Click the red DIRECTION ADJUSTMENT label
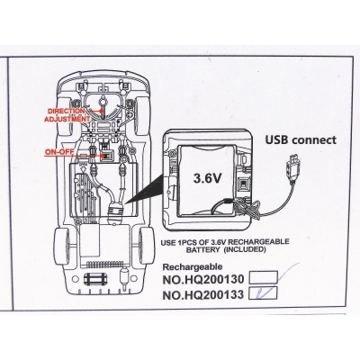coord(67,115)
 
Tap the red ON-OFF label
coord(59,151)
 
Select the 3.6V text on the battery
coord(207,178)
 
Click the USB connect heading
coord(301,139)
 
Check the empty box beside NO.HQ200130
coord(264,277)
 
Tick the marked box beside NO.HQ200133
coord(263,293)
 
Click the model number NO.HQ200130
coord(203,279)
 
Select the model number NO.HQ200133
coord(203,295)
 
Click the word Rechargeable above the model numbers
coord(193,266)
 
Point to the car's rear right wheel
coord(147,247)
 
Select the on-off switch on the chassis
coord(107,156)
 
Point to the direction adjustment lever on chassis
coord(103,105)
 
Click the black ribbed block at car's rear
coord(95,280)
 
